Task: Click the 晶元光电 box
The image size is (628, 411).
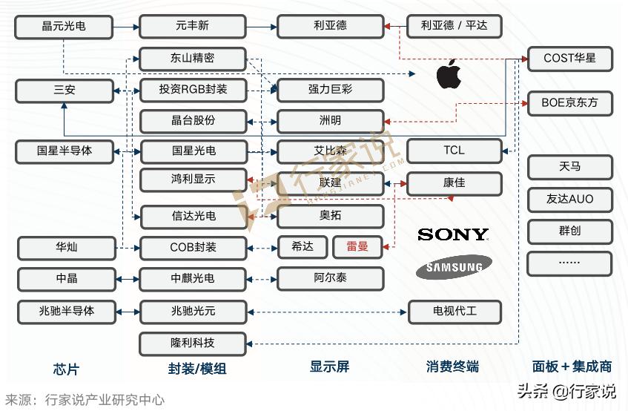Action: (64, 26)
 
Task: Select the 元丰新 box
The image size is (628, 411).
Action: (192, 26)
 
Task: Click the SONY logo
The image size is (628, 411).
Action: (453, 235)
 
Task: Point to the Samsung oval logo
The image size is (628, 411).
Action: (454, 267)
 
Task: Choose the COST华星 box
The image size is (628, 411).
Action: (569, 58)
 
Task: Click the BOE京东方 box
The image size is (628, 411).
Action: (569, 103)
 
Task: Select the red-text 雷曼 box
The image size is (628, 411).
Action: (357, 246)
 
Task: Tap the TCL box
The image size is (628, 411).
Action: (454, 151)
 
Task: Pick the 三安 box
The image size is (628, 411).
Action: (64, 91)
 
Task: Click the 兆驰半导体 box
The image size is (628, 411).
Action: (67, 311)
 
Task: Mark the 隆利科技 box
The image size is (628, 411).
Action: (192, 343)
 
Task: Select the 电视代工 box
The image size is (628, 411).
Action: (454, 312)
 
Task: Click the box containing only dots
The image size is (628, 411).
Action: (569, 263)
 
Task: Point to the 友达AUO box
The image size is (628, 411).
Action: (569, 199)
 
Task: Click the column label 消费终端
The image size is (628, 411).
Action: (452, 366)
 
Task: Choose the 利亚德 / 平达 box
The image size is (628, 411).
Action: (454, 26)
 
